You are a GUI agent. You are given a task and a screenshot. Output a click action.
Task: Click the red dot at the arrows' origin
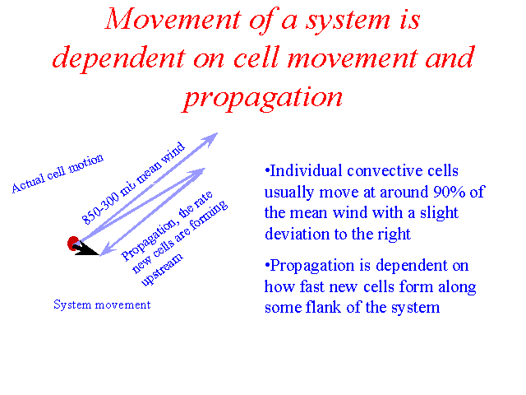[73, 244]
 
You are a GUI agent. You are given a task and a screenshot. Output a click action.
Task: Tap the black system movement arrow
[85, 249]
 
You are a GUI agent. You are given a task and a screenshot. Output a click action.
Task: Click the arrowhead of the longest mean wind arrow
[211, 138]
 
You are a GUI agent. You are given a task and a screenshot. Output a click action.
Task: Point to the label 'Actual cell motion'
[58, 174]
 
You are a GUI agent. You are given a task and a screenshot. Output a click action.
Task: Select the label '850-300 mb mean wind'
[133, 184]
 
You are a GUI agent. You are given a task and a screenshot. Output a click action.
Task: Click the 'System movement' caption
[102, 304]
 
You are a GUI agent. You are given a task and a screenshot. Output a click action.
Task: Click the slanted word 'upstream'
[162, 270]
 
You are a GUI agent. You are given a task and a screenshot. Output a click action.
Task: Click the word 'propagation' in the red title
[263, 97]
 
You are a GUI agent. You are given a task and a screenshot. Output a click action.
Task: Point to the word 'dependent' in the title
[118, 58]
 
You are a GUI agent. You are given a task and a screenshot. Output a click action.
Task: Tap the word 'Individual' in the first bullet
[306, 170]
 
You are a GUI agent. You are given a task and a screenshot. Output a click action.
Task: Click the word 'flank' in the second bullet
[323, 307]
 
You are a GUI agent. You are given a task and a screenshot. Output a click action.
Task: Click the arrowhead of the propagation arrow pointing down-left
[108, 250]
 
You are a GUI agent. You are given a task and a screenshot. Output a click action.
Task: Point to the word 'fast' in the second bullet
[312, 286]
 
